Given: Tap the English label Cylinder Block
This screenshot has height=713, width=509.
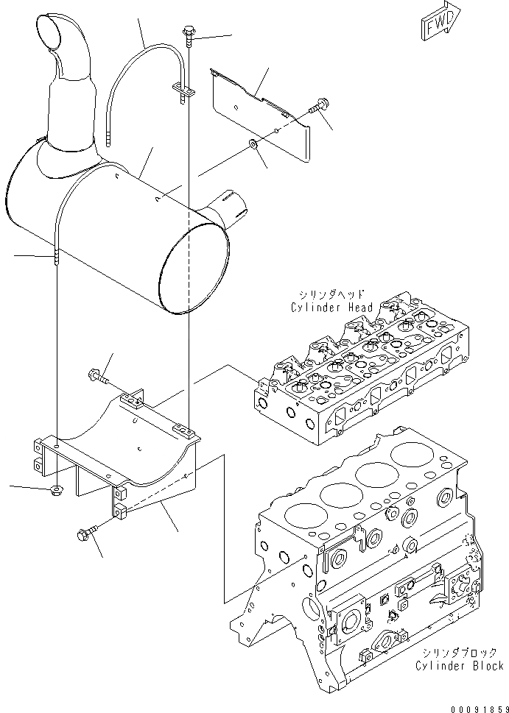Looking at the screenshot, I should [x=460, y=665].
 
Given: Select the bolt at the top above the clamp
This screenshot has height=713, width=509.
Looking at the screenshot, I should [x=188, y=32].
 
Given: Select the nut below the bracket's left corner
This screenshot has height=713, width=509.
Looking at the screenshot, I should [x=56, y=490].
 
